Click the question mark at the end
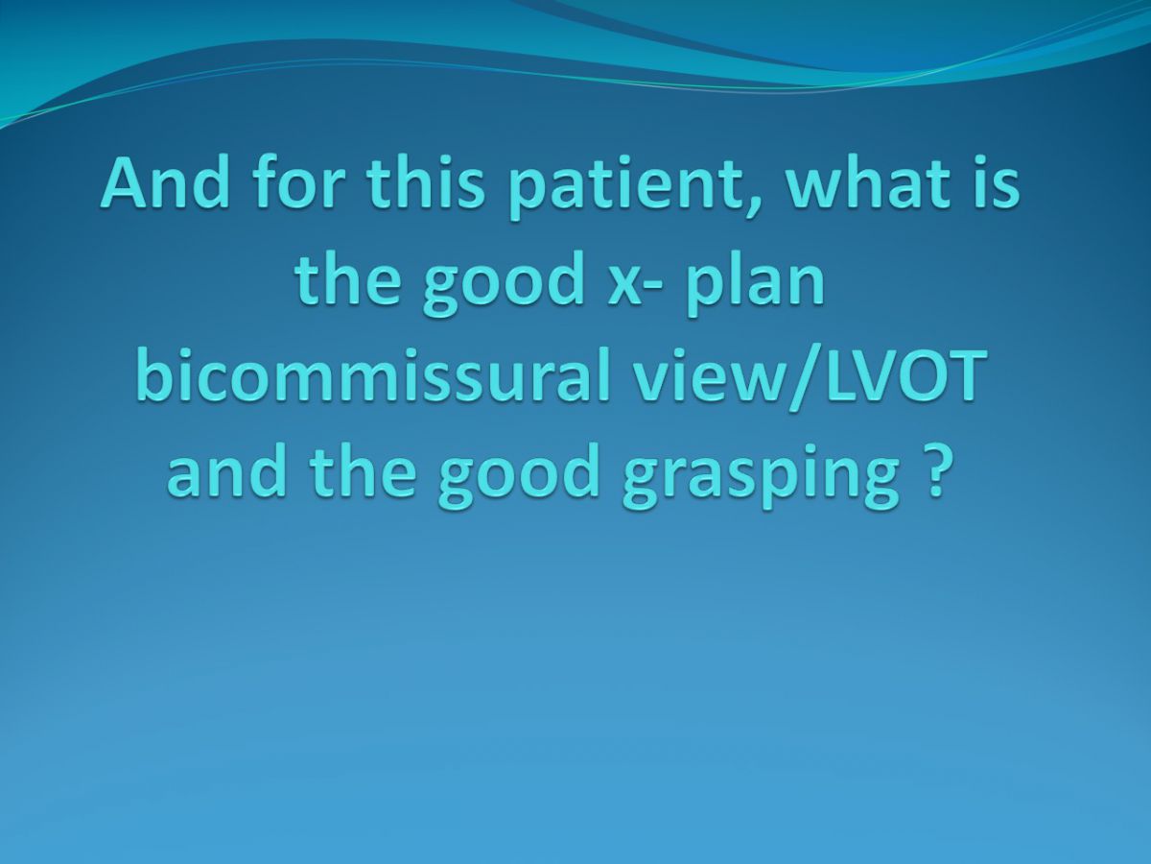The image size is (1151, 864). pos(934,468)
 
